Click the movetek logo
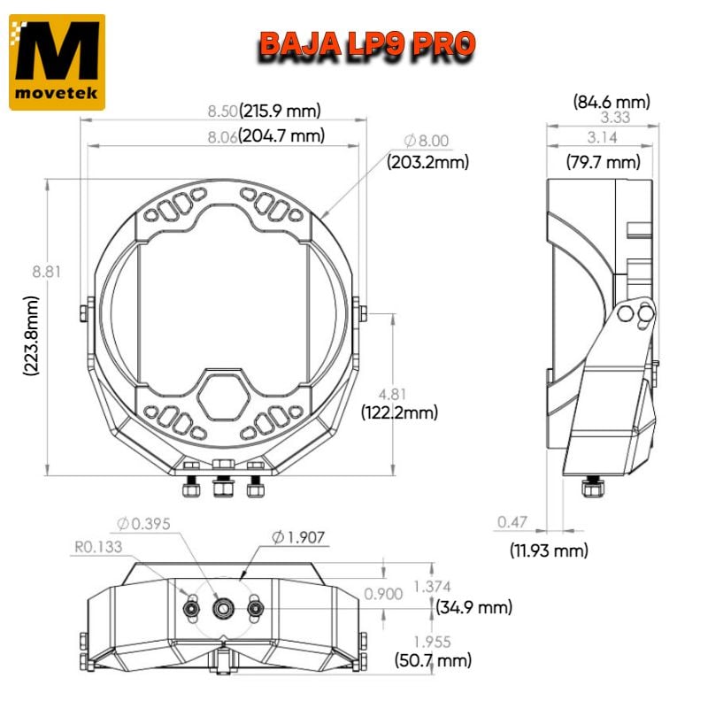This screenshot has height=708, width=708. pyautogui.click(x=57, y=62)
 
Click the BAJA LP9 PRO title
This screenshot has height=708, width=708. pyautogui.click(x=366, y=43)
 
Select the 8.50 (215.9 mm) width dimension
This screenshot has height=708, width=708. pyautogui.click(x=263, y=111)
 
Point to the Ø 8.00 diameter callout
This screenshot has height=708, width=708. pyautogui.click(x=427, y=141)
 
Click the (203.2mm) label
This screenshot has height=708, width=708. pyautogui.click(x=427, y=162)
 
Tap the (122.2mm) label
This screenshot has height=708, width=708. pyautogui.click(x=399, y=412)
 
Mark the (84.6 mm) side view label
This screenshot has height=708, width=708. pyautogui.click(x=611, y=101)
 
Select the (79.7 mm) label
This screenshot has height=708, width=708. pyautogui.click(x=602, y=162)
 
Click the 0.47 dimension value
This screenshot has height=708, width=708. pyautogui.click(x=513, y=523)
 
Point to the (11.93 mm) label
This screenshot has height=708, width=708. pyautogui.click(x=549, y=550)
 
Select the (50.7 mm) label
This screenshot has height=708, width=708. pyautogui.click(x=433, y=659)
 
